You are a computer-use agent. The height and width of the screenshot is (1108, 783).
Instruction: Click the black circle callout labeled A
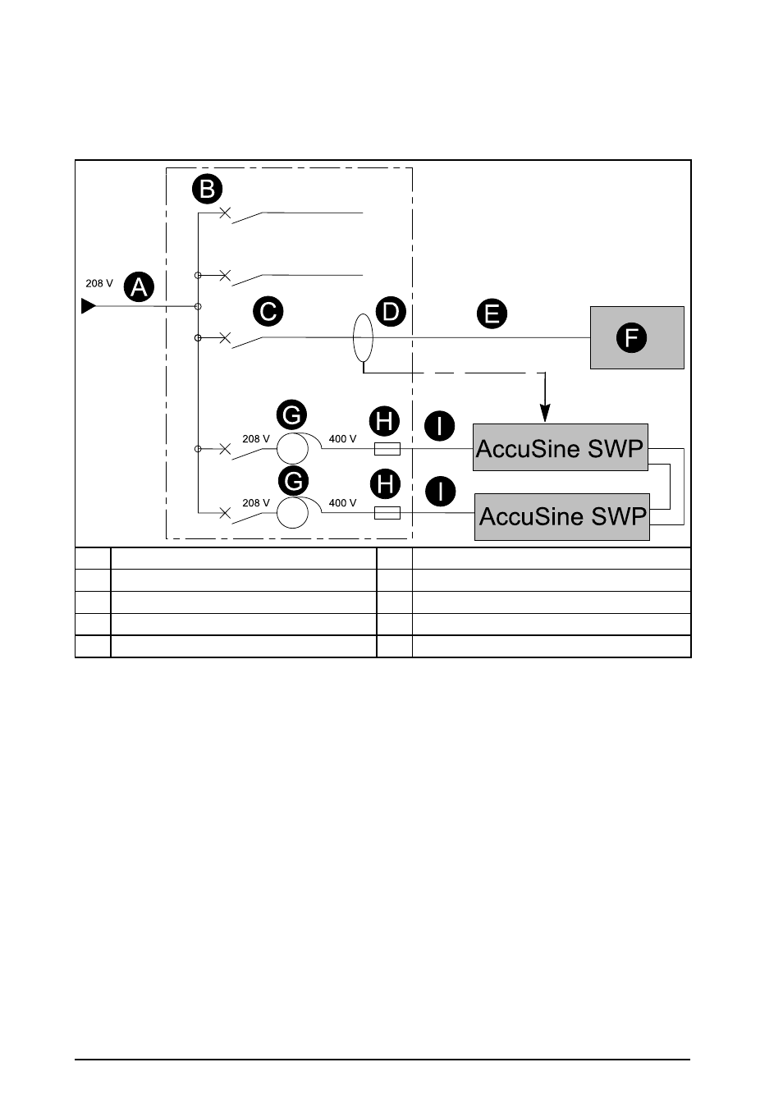pyautogui.click(x=139, y=287)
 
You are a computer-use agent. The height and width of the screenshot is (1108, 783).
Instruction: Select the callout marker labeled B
pyautogui.click(x=208, y=189)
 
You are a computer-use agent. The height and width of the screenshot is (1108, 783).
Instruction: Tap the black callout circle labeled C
pyautogui.click(x=268, y=312)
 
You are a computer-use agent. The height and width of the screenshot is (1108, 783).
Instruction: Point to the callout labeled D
pyautogui.click(x=391, y=312)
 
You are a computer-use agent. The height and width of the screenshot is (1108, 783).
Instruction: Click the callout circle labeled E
pyautogui.click(x=492, y=314)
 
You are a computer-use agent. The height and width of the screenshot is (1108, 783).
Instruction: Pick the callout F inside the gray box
pyautogui.click(x=632, y=338)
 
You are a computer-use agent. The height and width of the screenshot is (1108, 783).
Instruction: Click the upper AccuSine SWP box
pyautogui.click(x=561, y=447)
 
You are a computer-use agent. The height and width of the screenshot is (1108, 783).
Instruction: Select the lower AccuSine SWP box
pyautogui.click(x=562, y=517)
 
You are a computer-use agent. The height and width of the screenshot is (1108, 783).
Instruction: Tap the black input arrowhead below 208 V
pyautogui.click(x=89, y=306)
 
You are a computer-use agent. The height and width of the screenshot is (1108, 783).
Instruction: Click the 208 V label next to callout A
pyautogui.click(x=99, y=283)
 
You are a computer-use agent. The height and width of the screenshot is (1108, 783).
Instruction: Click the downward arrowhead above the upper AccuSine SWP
pyautogui.click(x=545, y=413)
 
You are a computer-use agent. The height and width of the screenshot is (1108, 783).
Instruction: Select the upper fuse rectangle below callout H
pyautogui.click(x=387, y=449)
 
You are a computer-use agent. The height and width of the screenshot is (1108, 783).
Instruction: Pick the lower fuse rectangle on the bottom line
pyautogui.click(x=387, y=513)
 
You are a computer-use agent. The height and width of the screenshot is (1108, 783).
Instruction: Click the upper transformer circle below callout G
pyautogui.click(x=292, y=449)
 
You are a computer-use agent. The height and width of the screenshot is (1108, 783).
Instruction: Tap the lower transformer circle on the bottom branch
pyautogui.click(x=292, y=513)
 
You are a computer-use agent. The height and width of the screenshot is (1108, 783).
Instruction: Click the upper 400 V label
pyautogui.click(x=342, y=439)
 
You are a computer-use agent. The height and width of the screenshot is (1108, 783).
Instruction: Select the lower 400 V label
pyautogui.click(x=342, y=503)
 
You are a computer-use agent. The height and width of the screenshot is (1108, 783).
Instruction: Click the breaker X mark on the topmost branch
pyautogui.click(x=225, y=213)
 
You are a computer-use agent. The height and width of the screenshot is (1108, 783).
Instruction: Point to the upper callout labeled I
pyautogui.click(x=440, y=426)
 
